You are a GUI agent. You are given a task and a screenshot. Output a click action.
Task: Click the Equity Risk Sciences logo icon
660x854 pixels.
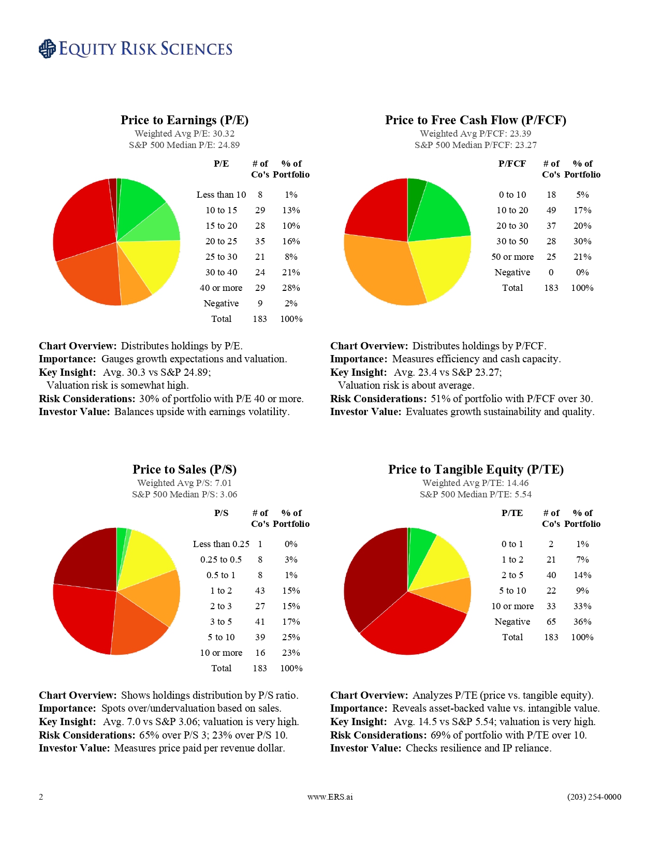click(x=47, y=49)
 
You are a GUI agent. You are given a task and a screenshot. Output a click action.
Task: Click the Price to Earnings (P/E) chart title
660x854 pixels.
click(x=184, y=120)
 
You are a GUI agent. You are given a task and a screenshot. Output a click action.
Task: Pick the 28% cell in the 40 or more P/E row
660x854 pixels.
click(x=291, y=288)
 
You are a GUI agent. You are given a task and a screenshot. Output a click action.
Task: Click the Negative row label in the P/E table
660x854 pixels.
click(x=221, y=303)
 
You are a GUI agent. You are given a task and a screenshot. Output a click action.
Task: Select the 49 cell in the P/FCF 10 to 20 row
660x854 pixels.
click(x=551, y=210)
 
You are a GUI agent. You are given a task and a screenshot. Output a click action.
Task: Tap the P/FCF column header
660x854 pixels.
click(x=512, y=164)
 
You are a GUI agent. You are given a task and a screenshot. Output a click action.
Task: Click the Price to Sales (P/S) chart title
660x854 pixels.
click(x=184, y=469)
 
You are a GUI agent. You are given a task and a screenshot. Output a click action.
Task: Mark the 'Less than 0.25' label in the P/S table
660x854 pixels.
click(x=221, y=544)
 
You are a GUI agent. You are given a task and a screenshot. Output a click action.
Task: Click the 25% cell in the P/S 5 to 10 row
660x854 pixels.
click(x=291, y=637)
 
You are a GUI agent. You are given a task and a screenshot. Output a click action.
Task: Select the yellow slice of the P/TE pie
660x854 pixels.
click(x=443, y=562)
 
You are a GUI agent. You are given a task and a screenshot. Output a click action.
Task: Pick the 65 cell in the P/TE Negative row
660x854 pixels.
click(x=551, y=622)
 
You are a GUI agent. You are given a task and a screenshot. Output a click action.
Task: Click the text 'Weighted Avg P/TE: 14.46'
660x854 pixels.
click(x=475, y=483)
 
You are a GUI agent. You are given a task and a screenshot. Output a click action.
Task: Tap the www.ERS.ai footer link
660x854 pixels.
click(x=330, y=797)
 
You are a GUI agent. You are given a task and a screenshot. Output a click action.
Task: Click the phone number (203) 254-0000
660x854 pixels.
click(x=594, y=797)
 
